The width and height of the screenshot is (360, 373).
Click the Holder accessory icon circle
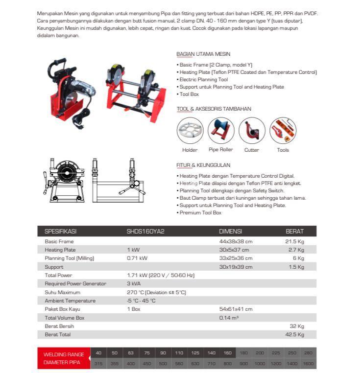coord(190,131)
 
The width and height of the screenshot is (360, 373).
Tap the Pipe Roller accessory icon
coord(220,131)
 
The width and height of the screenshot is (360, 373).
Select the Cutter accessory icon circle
coord(252,131)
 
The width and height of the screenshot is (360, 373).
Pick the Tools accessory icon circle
coord(283,131)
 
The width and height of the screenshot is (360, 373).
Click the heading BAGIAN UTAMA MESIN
coord(203,54)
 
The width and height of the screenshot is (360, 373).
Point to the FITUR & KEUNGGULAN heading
coord(203,165)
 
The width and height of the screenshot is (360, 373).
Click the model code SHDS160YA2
coord(145,232)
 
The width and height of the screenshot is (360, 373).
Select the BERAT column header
coord(294,232)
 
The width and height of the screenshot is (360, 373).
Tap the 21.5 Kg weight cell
coord(294,242)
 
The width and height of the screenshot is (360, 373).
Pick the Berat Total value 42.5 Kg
coord(294,335)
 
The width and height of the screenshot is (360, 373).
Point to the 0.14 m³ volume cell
coord(229,318)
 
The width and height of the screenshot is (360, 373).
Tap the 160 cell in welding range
coord(227,353)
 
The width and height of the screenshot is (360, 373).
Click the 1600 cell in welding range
coord(309,364)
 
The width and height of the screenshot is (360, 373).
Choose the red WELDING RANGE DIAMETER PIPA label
coord(64,359)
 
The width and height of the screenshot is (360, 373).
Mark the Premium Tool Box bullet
coord(200,213)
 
